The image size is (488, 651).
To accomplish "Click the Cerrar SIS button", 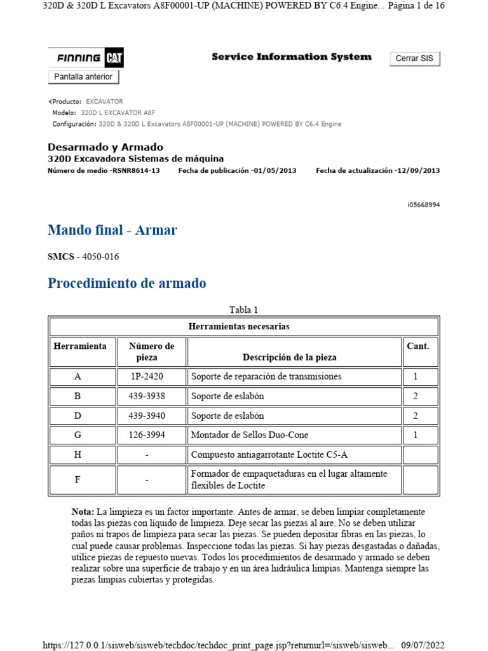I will (414, 58).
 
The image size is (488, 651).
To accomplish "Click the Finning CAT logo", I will (86, 58).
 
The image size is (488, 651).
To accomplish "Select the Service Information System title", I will (291, 57).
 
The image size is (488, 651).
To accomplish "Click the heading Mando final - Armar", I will (112, 230).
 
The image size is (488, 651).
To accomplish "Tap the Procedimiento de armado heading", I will (126, 284).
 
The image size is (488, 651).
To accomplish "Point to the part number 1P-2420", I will (147, 376).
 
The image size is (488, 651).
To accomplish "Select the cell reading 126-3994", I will (147, 435).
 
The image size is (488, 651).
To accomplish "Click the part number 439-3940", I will (147, 416).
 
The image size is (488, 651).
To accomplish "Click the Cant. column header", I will (417, 346).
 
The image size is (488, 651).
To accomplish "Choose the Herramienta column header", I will (80, 346).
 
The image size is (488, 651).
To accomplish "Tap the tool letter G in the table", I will (78, 435).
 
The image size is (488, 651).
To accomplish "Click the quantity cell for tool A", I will (416, 376).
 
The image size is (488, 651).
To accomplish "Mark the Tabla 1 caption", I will (243, 310).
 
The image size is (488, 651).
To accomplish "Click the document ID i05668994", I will (423, 205).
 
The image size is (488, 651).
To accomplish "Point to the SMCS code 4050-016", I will (97, 257).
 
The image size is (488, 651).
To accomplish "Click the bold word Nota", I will (83, 512).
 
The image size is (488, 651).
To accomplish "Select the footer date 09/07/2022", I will (423, 645).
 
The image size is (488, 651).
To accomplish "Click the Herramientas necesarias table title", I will (239, 326).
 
